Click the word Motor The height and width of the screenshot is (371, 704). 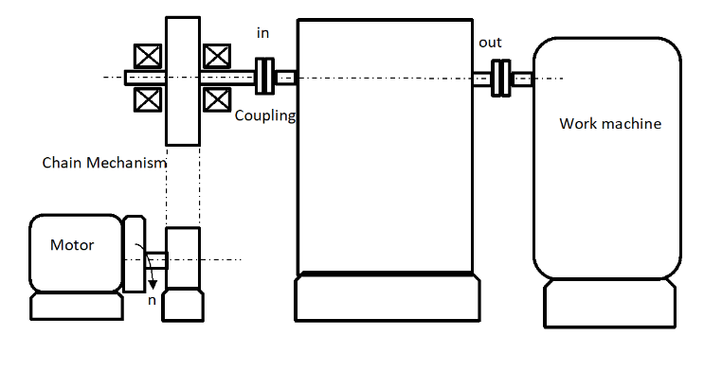[72, 245]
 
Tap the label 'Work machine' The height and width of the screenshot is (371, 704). [610, 124]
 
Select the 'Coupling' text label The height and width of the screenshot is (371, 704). [265, 116]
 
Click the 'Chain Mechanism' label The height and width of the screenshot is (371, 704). [104, 163]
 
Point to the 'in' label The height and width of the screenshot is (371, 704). [263, 33]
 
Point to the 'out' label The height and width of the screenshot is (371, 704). [490, 43]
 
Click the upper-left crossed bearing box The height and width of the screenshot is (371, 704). [147, 56]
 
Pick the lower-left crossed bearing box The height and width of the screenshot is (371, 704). [147, 98]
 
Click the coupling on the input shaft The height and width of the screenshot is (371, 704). [265, 78]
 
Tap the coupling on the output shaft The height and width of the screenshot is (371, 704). [500, 78]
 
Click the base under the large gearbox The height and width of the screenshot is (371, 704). [385, 301]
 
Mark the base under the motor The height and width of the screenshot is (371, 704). [76, 306]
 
